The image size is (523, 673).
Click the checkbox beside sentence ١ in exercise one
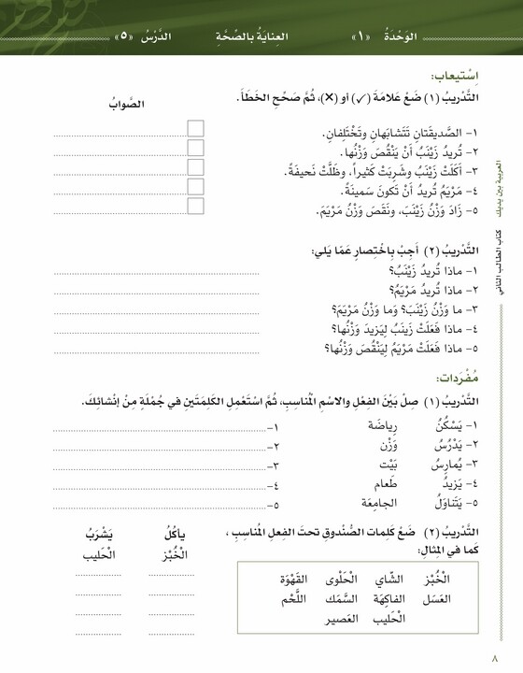(195, 127)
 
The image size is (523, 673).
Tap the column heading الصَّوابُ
(128, 104)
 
